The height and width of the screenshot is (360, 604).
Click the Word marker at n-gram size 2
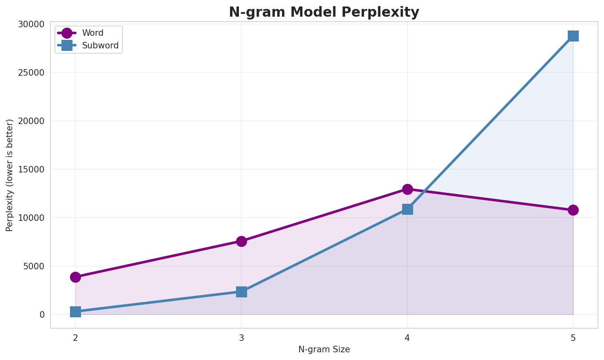(x=75, y=277)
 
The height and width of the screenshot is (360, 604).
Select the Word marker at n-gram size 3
(x=241, y=241)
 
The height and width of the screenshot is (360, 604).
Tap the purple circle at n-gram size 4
(x=407, y=189)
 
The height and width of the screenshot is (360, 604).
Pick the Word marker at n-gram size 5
(x=573, y=210)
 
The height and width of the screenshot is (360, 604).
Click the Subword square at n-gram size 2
(x=75, y=312)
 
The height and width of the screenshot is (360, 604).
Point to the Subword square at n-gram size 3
(x=241, y=292)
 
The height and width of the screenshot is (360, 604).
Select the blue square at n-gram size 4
(x=407, y=209)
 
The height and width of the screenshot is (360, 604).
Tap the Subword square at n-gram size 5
(x=573, y=36)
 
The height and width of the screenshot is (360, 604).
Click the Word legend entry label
(x=93, y=33)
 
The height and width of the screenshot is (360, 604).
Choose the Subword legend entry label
(x=100, y=46)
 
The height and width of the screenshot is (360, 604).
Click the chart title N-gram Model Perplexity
(x=324, y=12)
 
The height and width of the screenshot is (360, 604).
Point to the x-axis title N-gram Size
(x=324, y=349)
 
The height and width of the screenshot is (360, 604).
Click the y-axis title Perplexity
(x=10, y=175)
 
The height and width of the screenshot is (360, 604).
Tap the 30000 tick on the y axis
(x=31, y=24)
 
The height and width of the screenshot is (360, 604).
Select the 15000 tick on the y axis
(x=31, y=169)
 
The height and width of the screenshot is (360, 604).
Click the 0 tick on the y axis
(x=42, y=314)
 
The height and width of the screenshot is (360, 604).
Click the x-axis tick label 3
(x=241, y=338)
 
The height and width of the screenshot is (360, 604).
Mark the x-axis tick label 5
(x=573, y=338)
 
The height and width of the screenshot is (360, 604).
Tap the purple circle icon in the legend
(x=67, y=33)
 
